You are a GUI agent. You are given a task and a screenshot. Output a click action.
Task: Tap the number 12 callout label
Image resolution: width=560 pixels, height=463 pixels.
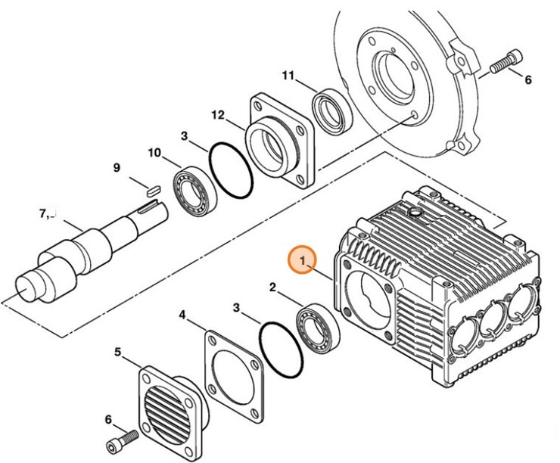click(218, 116)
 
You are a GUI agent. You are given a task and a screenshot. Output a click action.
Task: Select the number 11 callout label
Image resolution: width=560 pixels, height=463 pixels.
click(287, 76)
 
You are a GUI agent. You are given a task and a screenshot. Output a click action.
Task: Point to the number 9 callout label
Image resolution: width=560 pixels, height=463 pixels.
click(117, 168)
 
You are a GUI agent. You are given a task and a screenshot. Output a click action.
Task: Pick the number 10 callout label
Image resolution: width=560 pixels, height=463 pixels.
click(154, 153)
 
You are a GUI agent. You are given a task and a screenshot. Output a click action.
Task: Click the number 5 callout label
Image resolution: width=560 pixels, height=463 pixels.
click(117, 352)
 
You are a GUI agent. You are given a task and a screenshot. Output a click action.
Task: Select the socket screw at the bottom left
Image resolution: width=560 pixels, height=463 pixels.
click(124, 440)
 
